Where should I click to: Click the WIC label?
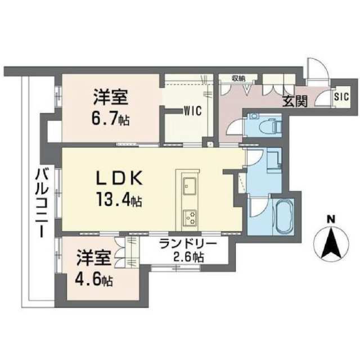pyautogui.click(x=193, y=111)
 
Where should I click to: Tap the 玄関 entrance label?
pyautogui.click(x=295, y=101)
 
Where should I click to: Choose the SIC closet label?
pyautogui.click(x=341, y=96)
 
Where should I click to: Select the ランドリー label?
pyautogui.click(x=188, y=244)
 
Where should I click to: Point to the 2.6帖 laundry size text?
pyautogui.click(x=188, y=257)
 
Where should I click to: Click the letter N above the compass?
pyautogui.click(x=331, y=219)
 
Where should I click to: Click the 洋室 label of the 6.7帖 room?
pyautogui.click(x=110, y=97)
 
